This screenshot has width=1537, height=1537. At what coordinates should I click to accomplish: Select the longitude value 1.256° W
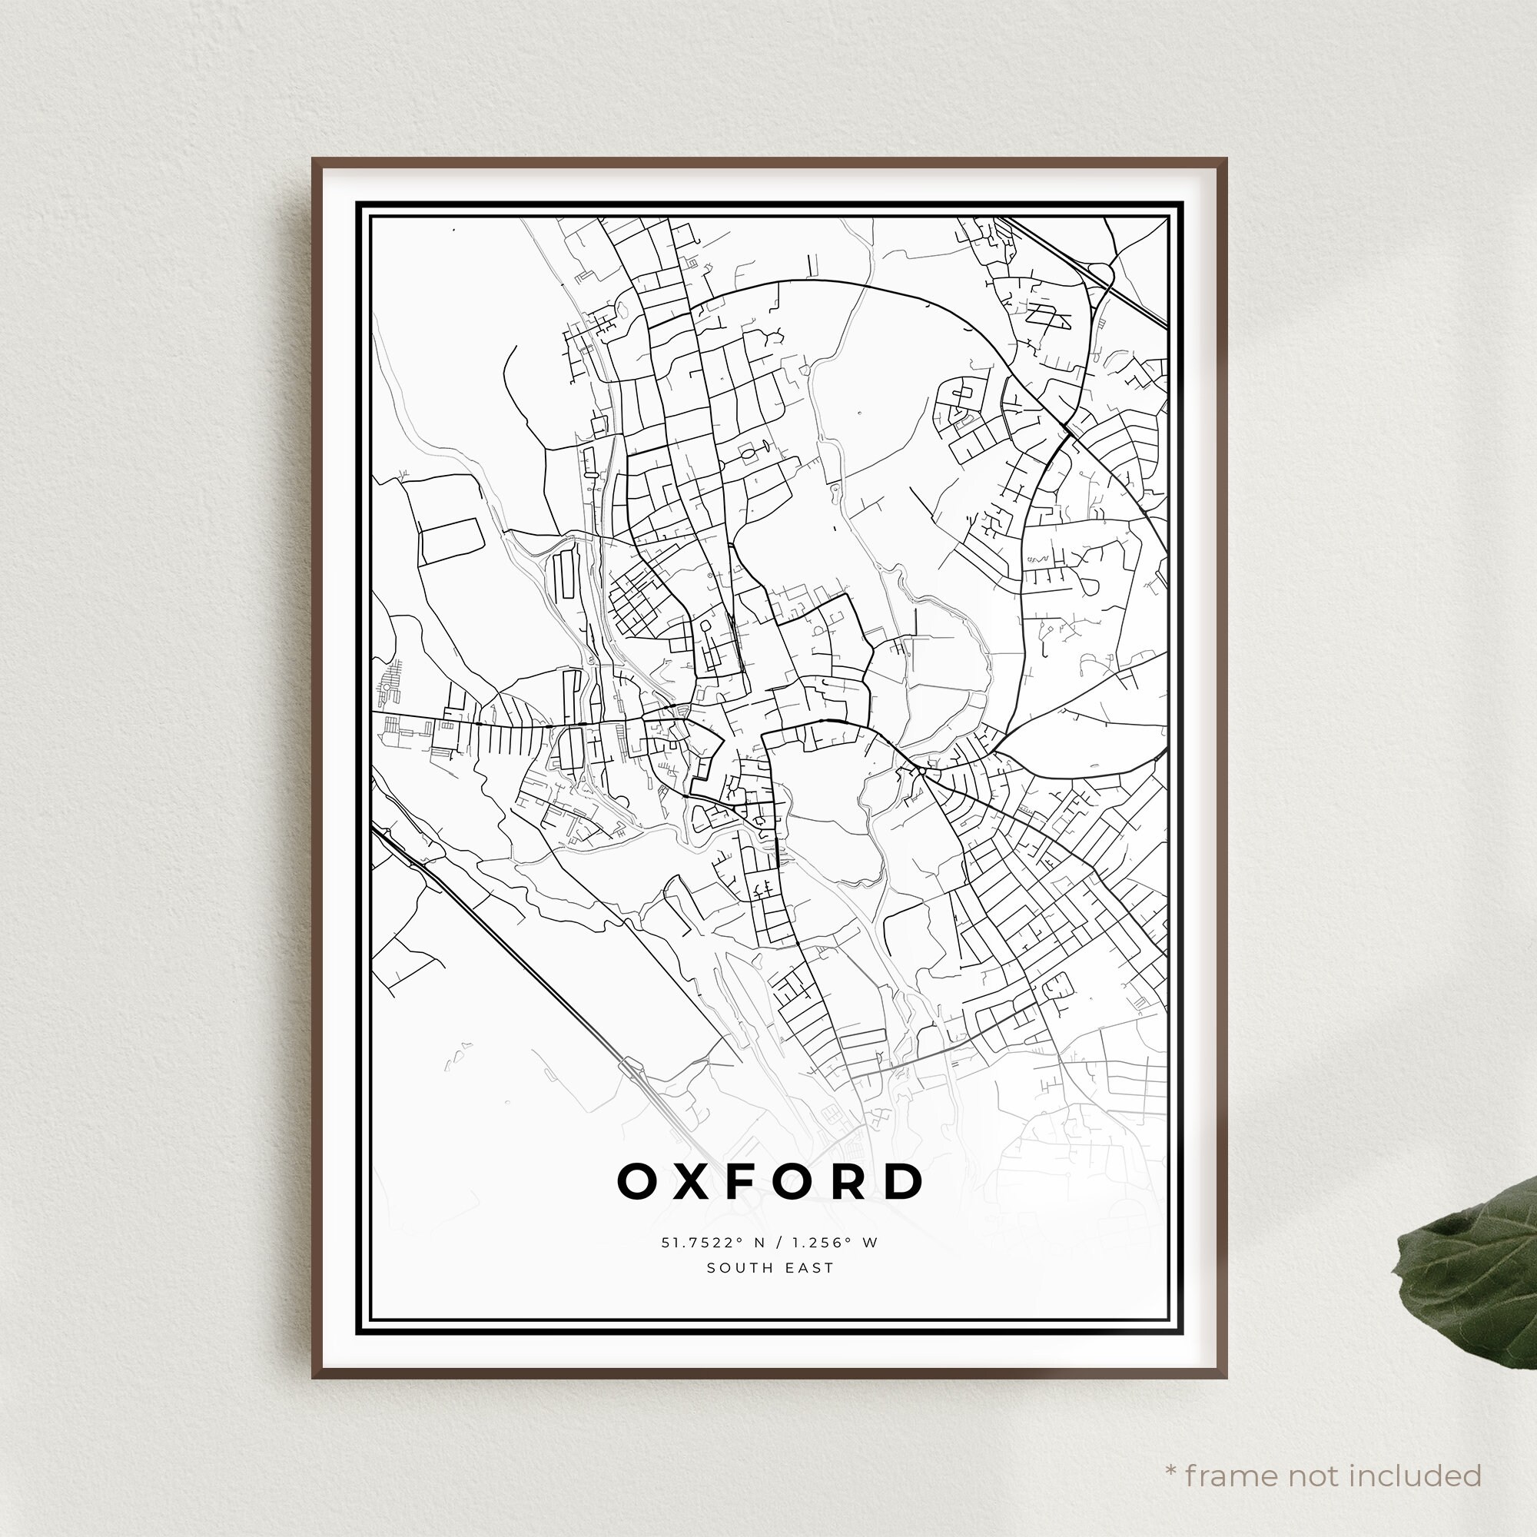click(x=833, y=1243)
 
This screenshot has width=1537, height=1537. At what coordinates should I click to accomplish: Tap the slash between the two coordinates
click(x=775, y=1243)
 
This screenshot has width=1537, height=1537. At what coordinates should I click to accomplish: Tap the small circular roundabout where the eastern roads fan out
click(x=921, y=771)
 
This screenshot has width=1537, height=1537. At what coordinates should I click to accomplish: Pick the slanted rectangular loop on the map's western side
click(x=451, y=541)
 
